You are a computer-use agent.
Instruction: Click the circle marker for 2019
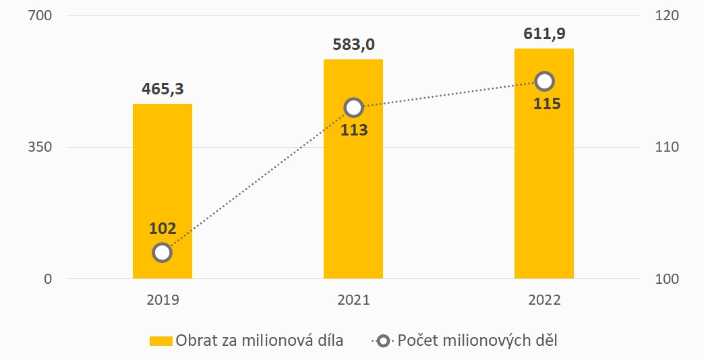[x=162, y=253]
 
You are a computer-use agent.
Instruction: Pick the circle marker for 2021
[x=353, y=107]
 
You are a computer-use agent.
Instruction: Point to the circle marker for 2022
[x=544, y=82]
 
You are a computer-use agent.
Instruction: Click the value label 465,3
[x=163, y=88]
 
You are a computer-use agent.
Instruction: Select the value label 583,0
[x=353, y=44]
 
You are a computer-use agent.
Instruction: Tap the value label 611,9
[x=544, y=33]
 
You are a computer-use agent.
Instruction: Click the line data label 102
[x=163, y=229]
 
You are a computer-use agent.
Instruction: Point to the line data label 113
[x=353, y=130]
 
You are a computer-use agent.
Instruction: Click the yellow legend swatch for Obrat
[x=160, y=340]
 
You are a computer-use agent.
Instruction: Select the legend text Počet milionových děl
[x=477, y=340]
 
